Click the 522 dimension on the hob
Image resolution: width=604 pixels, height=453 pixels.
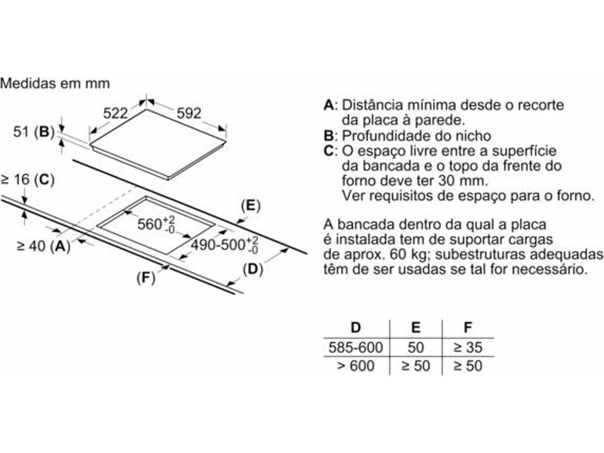(x=116, y=113)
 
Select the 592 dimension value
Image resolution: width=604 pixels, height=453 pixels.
(x=189, y=113)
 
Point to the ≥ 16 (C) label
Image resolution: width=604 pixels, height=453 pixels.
(x=28, y=180)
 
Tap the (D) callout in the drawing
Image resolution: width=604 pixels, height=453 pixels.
(x=252, y=270)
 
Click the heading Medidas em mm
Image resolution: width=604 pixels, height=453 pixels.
(x=55, y=83)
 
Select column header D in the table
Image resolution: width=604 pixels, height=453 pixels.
(x=356, y=327)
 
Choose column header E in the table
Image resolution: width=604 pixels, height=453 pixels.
(x=416, y=327)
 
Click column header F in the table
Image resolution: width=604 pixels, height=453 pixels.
(x=467, y=327)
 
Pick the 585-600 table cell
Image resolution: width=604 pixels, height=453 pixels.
(x=356, y=348)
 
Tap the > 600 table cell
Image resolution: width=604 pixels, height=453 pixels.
(x=356, y=366)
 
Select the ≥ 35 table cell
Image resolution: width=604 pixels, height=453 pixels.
(x=467, y=348)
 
